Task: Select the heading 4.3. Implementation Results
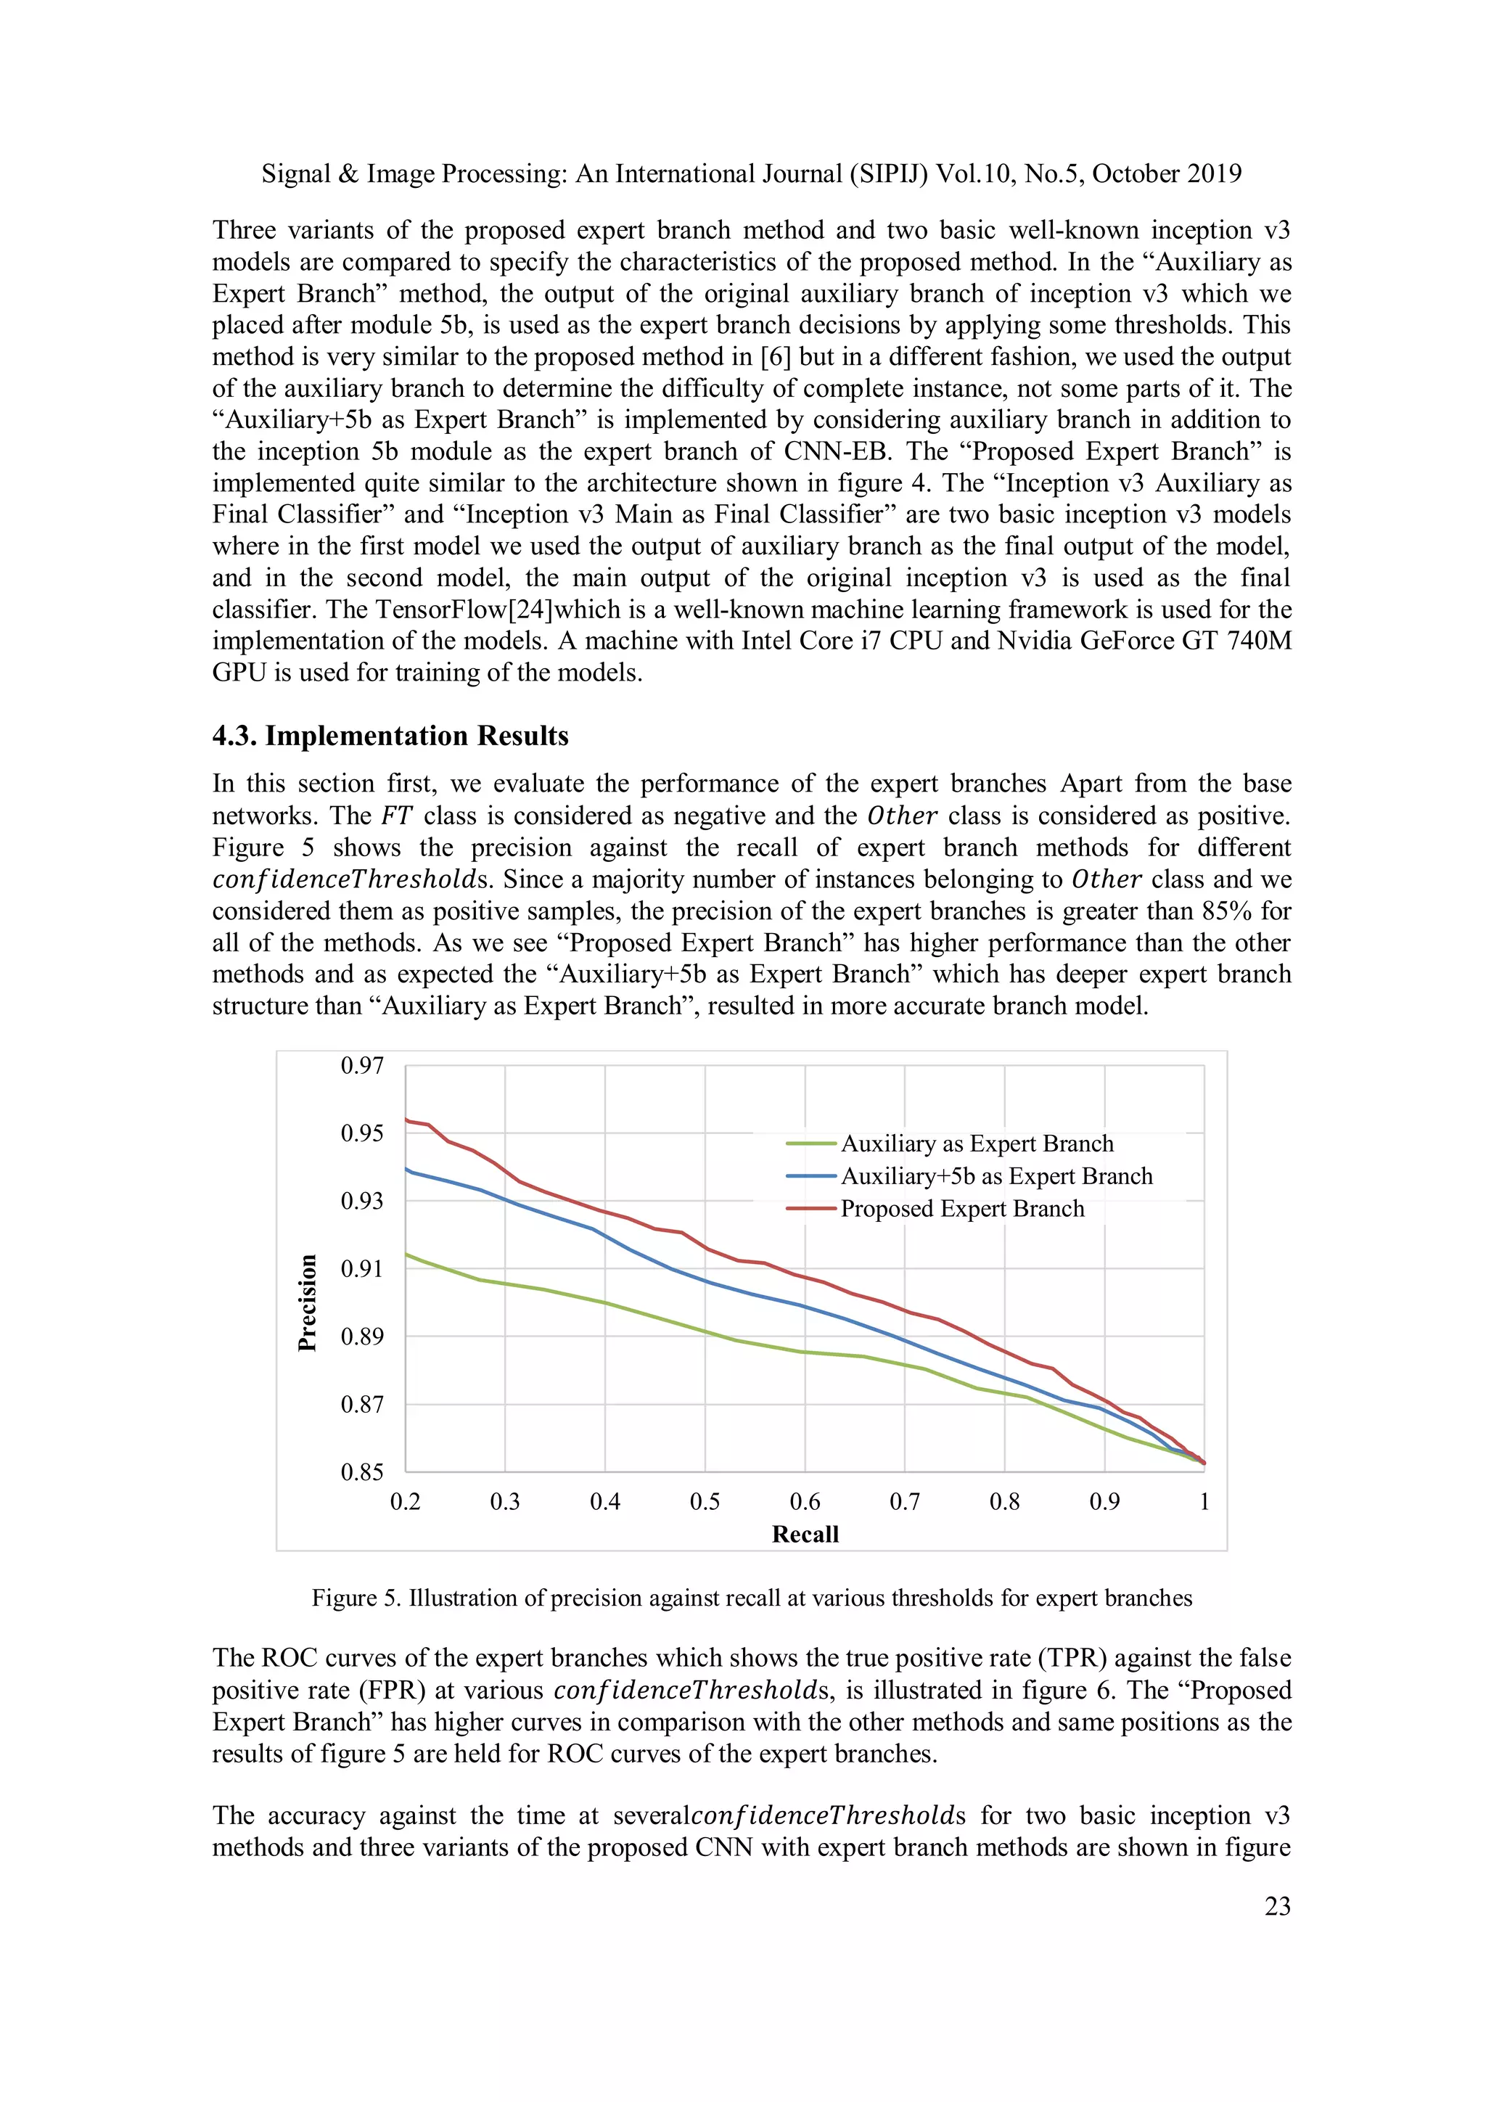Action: pos(390,736)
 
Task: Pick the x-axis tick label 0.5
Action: pos(704,1503)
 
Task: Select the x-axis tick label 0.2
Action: pos(405,1503)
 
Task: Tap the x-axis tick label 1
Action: pos(1204,1503)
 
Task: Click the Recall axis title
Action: pos(805,1535)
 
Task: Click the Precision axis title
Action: pos(308,1302)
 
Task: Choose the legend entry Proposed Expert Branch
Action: pos(961,1209)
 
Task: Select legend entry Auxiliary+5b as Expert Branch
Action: pos(996,1176)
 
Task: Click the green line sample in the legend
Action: pos(811,1144)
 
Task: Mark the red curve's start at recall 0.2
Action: pos(406,1120)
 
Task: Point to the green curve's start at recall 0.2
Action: pos(406,1255)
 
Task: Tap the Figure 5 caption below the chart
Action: pos(752,1598)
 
